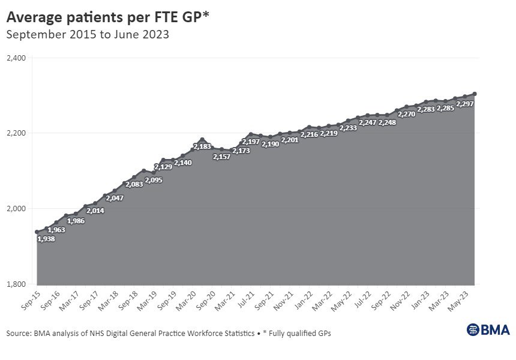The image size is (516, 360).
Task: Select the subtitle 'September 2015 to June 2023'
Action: click(87, 34)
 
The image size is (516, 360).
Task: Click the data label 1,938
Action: click(47, 239)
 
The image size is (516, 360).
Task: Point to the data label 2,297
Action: click(465, 104)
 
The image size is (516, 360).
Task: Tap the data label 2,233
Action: click(348, 128)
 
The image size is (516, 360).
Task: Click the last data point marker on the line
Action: click(475, 94)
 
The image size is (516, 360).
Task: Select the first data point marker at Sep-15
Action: click(37, 232)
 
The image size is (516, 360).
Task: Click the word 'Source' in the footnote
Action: click(20, 332)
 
